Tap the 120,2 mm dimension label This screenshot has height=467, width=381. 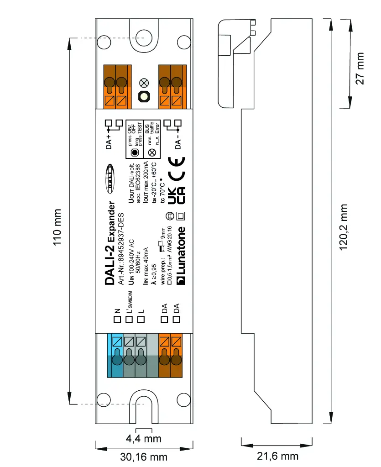point(345,227)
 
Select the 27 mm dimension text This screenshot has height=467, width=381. point(360,68)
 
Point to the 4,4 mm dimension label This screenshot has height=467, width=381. point(144,439)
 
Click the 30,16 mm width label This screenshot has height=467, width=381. point(144,457)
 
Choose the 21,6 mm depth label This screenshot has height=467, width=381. point(277,456)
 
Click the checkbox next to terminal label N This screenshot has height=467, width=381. point(117,319)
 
